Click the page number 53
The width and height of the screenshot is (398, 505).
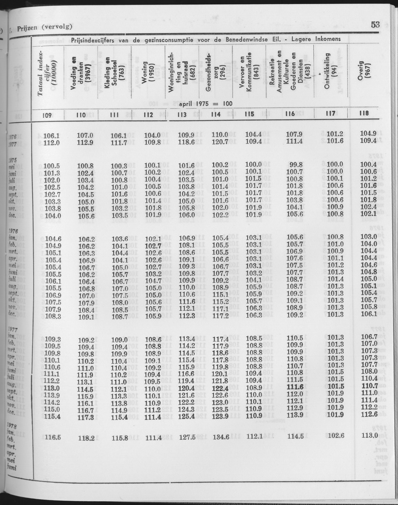tap(375, 25)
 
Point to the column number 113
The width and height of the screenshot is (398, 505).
tap(182, 114)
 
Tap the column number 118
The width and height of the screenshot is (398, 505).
tap(363, 113)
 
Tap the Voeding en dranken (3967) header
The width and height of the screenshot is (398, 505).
tap(81, 75)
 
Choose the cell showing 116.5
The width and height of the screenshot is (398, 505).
tap(52, 438)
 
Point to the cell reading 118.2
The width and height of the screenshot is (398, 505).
tap(86, 438)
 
